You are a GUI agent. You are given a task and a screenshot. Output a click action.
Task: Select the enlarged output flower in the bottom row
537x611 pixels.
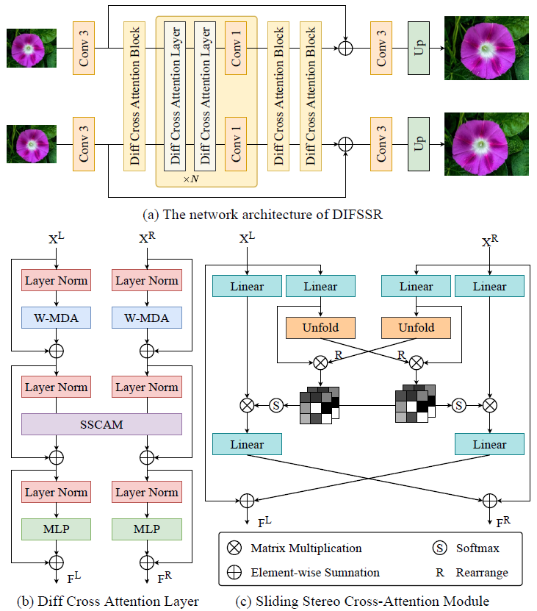tap(486, 143)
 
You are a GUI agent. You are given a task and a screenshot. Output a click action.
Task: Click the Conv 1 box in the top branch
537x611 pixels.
tap(236, 48)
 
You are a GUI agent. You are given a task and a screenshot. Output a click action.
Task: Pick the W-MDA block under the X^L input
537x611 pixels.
tap(57, 319)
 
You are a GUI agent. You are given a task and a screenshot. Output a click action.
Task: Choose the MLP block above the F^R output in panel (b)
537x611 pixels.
tap(147, 529)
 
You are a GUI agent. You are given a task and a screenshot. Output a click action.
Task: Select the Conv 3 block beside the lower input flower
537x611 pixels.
tap(84, 143)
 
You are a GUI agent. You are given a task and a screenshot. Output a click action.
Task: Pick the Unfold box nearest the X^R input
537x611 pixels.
tap(417, 327)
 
